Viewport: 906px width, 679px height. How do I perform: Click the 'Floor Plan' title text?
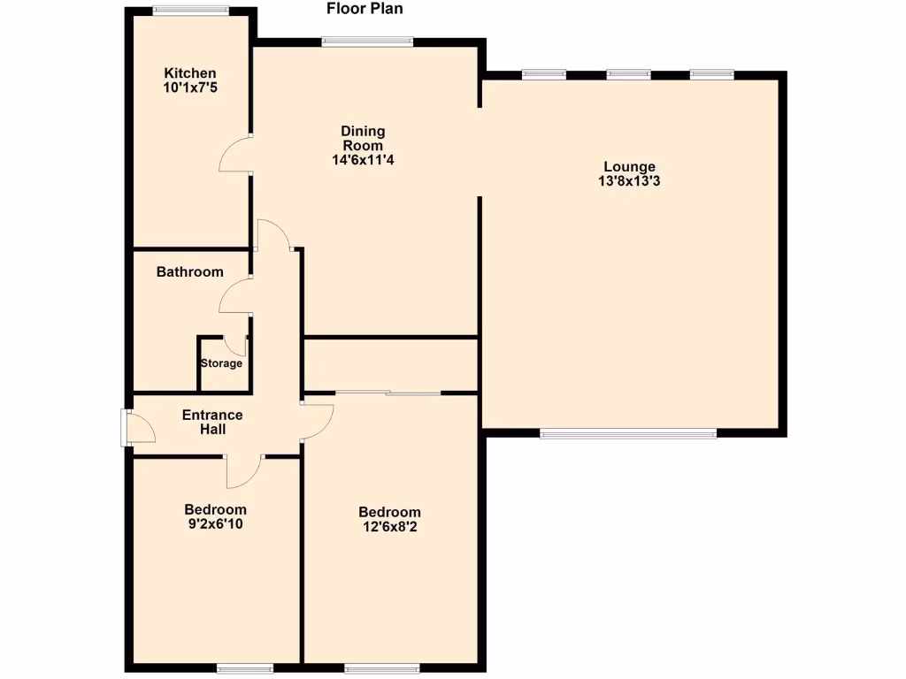point(365,10)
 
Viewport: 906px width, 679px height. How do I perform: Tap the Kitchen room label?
point(189,72)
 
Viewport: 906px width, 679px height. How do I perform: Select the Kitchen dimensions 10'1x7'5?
point(189,88)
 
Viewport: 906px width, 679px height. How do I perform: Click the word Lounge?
point(629,166)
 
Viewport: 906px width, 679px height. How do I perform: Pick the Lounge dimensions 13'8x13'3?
point(629,181)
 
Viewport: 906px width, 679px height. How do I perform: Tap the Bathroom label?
point(189,271)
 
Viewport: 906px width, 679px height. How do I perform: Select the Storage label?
point(221,363)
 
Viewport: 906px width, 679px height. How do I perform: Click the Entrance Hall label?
point(212,422)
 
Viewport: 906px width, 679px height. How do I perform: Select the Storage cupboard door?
point(235,345)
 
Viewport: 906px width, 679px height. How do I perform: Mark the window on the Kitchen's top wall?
point(190,11)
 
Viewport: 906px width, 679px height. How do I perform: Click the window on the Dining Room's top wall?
point(367,41)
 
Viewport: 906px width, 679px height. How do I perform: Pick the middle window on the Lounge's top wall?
point(628,74)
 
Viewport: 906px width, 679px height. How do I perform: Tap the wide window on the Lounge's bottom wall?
point(628,433)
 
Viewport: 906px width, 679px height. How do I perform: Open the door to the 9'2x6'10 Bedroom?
point(244,470)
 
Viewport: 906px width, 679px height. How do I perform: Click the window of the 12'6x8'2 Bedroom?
point(381,668)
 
